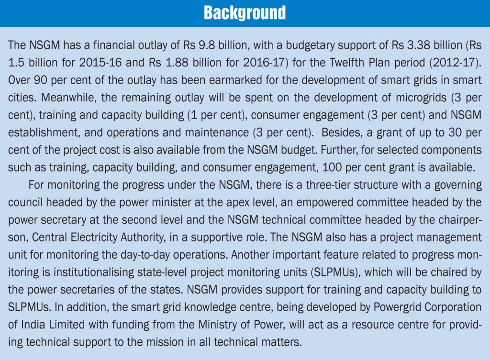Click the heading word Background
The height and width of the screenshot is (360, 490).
(245, 13)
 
